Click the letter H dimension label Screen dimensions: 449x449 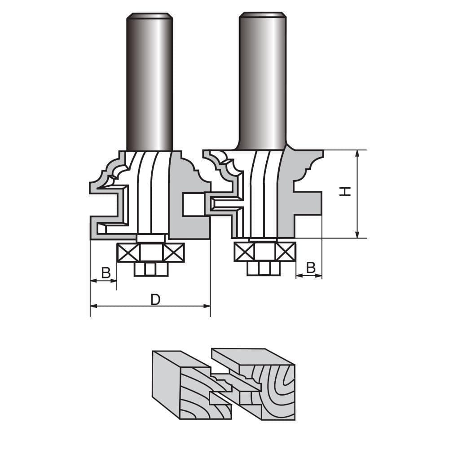point(345,192)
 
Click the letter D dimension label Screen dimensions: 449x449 point(155,299)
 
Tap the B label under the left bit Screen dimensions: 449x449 point(106,273)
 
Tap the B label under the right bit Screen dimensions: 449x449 point(311,268)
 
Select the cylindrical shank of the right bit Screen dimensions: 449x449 point(263,81)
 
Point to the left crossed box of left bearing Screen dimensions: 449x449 point(128,252)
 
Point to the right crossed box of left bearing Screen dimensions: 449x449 point(174,252)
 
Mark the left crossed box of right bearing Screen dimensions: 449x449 point(244,251)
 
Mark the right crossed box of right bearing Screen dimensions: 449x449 point(286,251)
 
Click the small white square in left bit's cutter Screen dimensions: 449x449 point(192,205)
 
